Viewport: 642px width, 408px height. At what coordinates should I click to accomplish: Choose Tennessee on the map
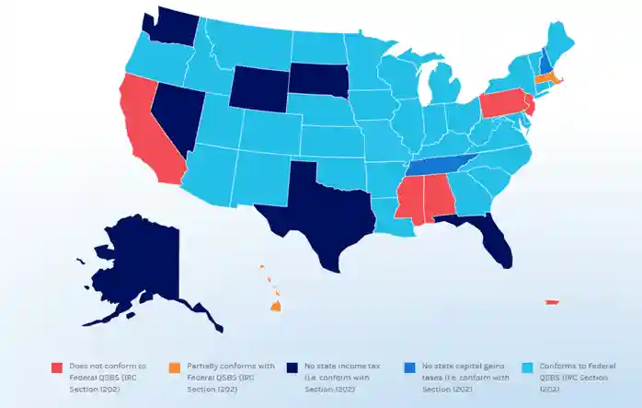(441, 164)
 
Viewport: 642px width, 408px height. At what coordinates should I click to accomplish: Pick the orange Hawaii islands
(275, 305)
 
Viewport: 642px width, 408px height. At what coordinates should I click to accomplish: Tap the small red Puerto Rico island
(553, 301)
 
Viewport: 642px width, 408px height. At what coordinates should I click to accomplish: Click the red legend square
(56, 367)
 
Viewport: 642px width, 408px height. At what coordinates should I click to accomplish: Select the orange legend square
(175, 367)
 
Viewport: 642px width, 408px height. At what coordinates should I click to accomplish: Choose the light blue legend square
(528, 367)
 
